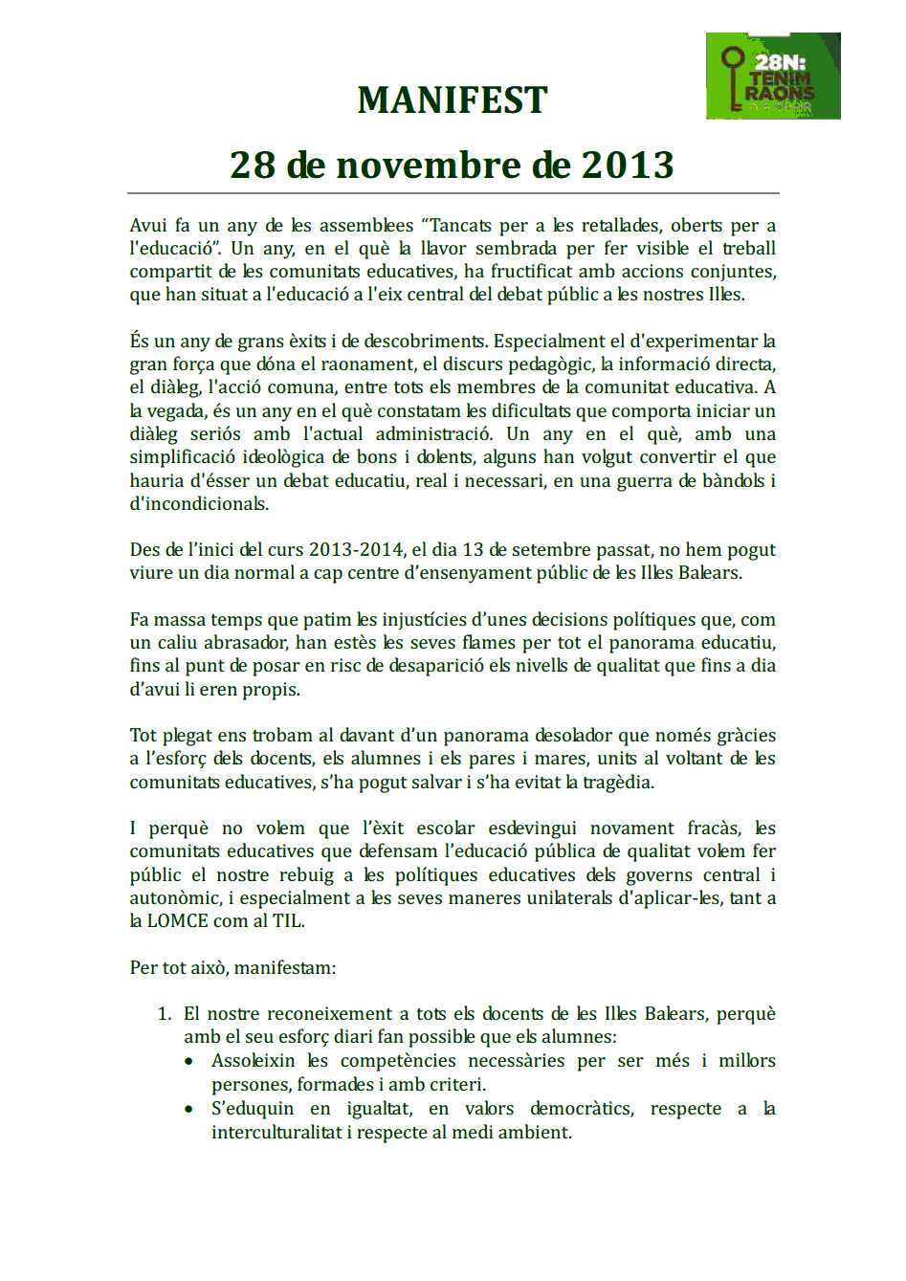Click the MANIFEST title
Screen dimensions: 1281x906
coord(453,100)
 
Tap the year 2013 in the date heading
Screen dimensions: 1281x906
coord(628,166)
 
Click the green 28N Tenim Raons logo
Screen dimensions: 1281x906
coord(773,76)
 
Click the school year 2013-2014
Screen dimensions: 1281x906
coord(356,550)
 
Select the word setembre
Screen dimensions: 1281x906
coord(555,550)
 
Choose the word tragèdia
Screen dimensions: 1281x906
coord(619,783)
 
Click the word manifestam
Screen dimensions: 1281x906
coord(285,968)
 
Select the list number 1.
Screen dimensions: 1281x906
coord(164,1014)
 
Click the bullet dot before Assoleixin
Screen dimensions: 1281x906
coord(189,1061)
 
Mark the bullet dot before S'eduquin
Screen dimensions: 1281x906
coord(189,1109)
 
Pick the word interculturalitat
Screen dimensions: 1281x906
coord(276,1133)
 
